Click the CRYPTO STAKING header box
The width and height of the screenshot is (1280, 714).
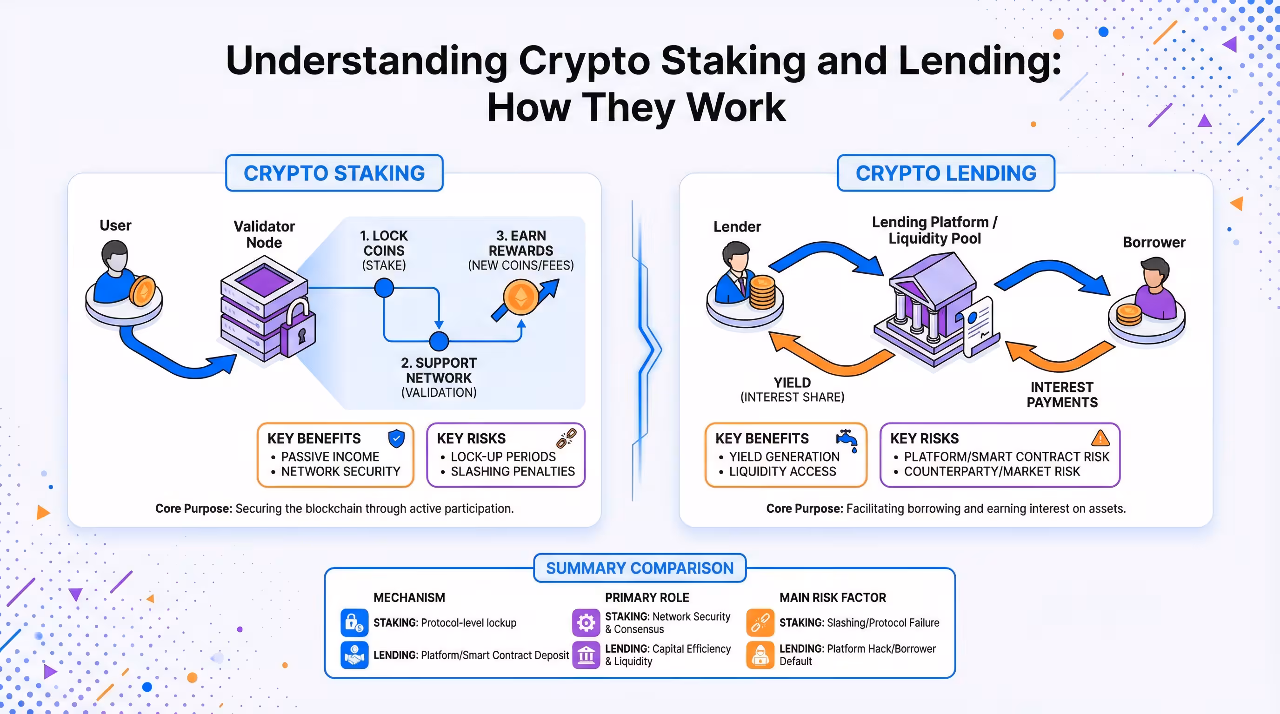click(x=334, y=173)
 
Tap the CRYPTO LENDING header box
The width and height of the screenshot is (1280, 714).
click(x=946, y=173)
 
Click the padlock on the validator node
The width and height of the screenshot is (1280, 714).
click(x=299, y=330)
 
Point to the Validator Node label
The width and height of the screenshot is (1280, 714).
click(x=264, y=234)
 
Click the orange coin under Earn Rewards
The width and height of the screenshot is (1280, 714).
click(x=520, y=297)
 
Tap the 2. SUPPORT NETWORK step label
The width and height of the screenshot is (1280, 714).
click(x=439, y=377)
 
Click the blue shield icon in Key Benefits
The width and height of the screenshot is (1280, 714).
click(x=396, y=438)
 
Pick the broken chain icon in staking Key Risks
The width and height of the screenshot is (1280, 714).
click(x=567, y=438)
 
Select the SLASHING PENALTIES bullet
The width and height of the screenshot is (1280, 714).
click(x=512, y=471)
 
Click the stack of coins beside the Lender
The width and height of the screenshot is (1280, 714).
click(x=762, y=292)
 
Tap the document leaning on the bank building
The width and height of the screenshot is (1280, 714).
click(x=978, y=326)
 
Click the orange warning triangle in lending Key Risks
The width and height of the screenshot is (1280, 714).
click(x=1100, y=438)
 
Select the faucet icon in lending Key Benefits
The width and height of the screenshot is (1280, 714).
click(x=847, y=439)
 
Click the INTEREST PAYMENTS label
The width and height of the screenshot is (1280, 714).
click(x=1062, y=395)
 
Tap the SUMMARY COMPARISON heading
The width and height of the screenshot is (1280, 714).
click(x=640, y=568)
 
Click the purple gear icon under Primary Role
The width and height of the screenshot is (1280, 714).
click(x=586, y=622)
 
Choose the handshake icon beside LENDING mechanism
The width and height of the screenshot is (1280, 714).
click(x=354, y=655)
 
